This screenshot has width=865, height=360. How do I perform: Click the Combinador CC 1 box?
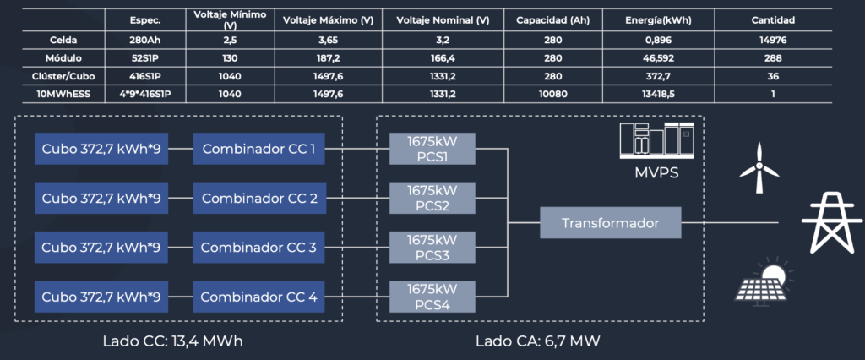pos(258,149)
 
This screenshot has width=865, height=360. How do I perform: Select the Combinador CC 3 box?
pos(258,248)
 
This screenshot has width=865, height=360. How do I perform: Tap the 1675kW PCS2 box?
pos(432,199)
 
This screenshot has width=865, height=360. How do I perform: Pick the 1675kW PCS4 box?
pos(432,297)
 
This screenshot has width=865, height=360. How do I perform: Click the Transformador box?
pos(610,223)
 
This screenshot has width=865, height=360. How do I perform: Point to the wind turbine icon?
pos(759,167)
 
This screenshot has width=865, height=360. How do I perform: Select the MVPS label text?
pos(656,173)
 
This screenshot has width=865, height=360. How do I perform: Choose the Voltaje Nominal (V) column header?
pos(443,21)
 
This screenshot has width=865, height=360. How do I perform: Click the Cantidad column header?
pos(773,21)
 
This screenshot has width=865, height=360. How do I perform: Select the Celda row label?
pos(61,40)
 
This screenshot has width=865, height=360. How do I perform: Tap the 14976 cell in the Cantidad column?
pos(773,40)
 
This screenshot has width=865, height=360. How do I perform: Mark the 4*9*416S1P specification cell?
pos(146,94)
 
